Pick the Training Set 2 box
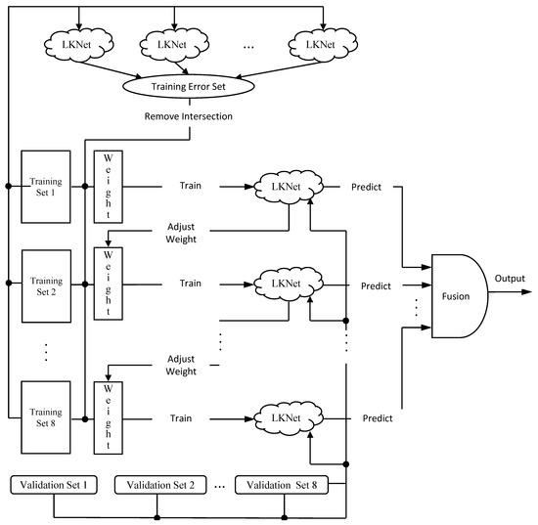(46, 285)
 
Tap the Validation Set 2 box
(157, 484)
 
